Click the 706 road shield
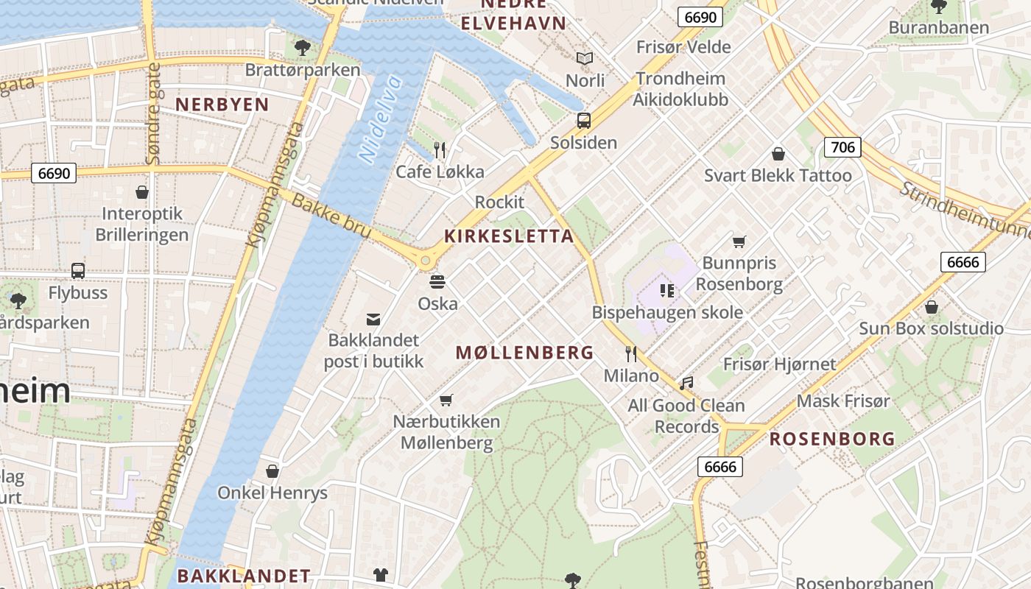[842, 147]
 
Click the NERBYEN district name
[222, 105]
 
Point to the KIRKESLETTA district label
[509, 236]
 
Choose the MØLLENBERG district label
[524, 353]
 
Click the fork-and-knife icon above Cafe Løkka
[440, 150]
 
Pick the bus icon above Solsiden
[584, 121]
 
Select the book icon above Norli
[585, 58]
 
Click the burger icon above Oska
[437, 282]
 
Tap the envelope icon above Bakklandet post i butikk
[373, 319]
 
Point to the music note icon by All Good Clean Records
[686, 383]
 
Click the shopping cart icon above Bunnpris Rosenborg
[739, 241]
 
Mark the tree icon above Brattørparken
[302, 49]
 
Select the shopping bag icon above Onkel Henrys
[272, 471]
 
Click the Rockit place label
[499, 202]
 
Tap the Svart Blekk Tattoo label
[778, 175]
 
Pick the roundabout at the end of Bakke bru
[425, 260]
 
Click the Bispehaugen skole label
[667, 312]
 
